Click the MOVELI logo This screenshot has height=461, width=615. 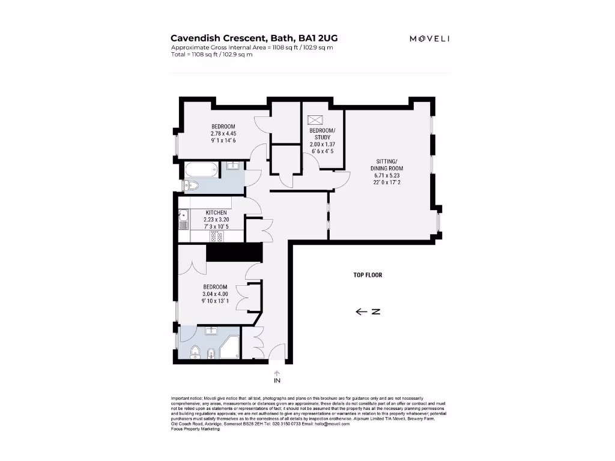[429, 38]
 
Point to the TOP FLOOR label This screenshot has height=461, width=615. [368, 275]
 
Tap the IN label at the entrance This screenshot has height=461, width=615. [277, 381]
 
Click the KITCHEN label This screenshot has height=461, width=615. [216, 213]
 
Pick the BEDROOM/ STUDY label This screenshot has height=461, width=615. [323, 134]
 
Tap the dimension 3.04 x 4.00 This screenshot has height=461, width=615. [216, 294]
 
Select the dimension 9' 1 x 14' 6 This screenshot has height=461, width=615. [223, 140]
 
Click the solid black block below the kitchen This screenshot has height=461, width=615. [235, 252]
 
